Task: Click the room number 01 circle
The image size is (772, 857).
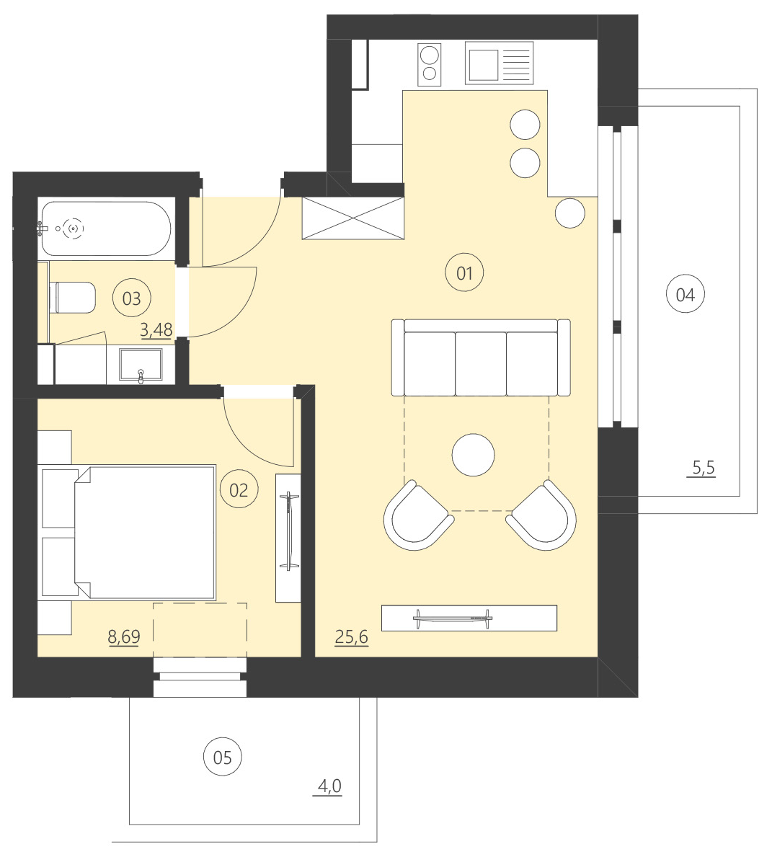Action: click(x=464, y=272)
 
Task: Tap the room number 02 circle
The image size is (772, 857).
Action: click(x=239, y=489)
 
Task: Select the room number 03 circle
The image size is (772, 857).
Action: click(x=132, y=298)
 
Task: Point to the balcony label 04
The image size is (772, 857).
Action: click(x=685, y=294)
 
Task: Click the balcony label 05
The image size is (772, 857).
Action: click(x=223, y=757)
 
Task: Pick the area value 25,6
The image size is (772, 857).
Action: click(x=352, y=636)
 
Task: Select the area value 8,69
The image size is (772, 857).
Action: click(x=123, y=636)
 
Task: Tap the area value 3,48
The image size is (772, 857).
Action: click(x=156, y=330)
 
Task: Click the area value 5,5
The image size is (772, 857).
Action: click(x=703, y=468)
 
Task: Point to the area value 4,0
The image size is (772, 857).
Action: click(x=329, y=786)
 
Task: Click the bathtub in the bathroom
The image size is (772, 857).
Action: click(x=106, y=228)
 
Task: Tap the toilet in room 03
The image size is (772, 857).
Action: click(x=73, y=298)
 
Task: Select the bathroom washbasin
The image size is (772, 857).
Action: click(x=141, y=365)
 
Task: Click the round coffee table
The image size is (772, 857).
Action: click(x=473, y=455)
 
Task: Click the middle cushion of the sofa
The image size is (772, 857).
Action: click(x=480, y=363)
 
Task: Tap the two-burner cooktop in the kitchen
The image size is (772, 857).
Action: click(x=430, y=63)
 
